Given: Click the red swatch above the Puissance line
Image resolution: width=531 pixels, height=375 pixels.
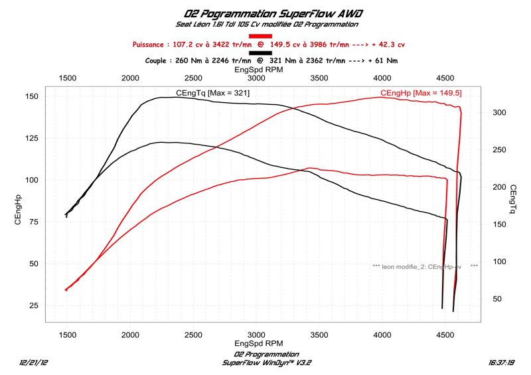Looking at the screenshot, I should (x=260, y=36).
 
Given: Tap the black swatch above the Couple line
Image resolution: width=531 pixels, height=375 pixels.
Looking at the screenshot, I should (x=260, y=52).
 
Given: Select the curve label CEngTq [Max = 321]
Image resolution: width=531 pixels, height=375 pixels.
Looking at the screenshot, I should (x=212, y=93).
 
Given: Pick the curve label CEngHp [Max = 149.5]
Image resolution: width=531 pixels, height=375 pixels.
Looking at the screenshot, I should (x=421, y=93).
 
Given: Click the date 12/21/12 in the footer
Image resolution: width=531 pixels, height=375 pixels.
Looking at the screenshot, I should (x=34, y=363).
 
